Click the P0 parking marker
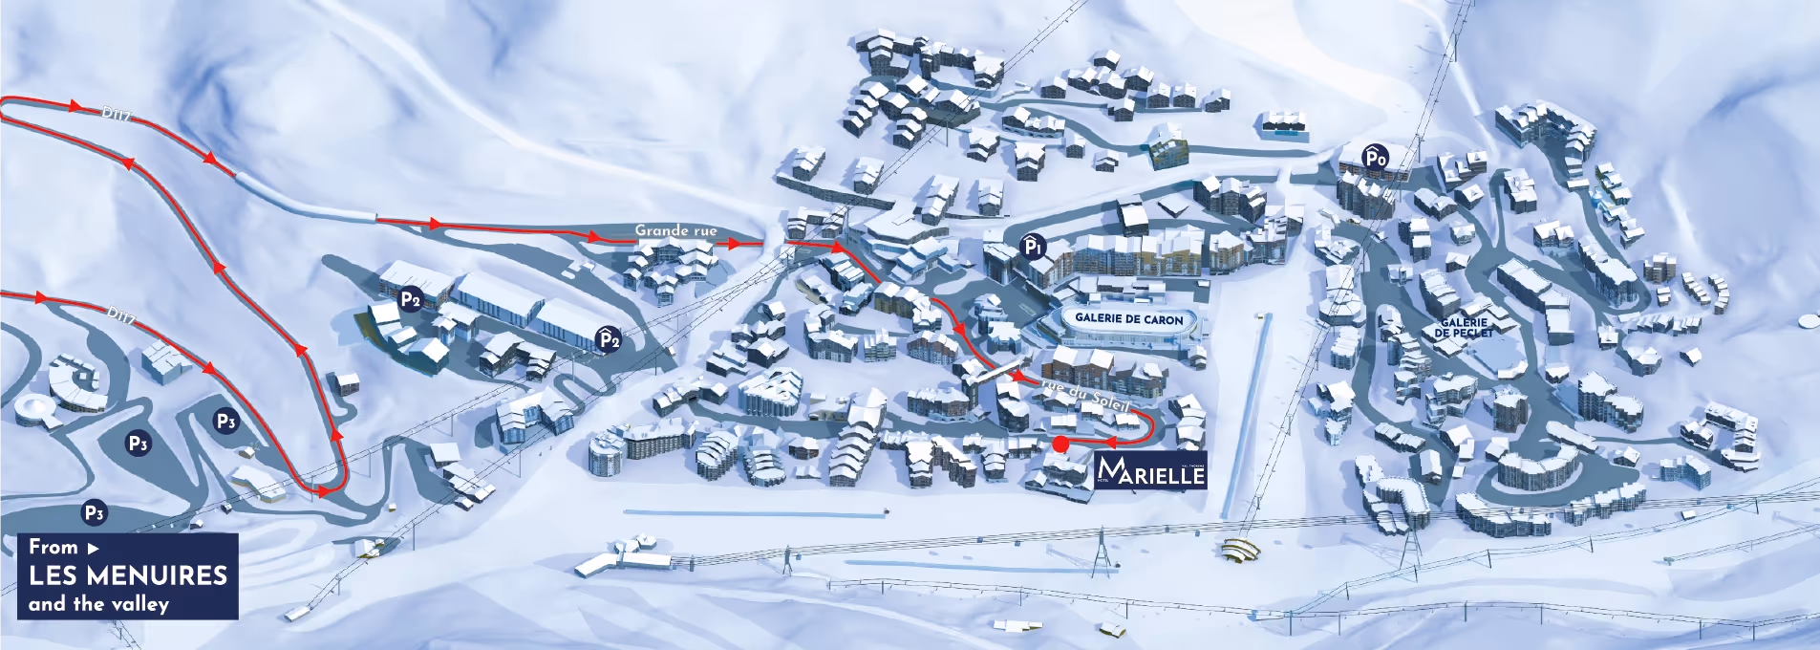coord(1375,158)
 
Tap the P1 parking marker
coord(1033,247)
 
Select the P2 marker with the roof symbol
coord(609,339)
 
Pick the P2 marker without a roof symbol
coord(411,299)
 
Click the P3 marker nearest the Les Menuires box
coord(94,512)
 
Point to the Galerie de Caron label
coord(1128,319)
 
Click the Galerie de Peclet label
coord(1463,328)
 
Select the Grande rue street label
coord(675,230)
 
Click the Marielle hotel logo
coord(1151,470)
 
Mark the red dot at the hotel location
coord(1060,444)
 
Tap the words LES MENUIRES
coord(128,575)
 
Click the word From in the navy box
coord(53,547)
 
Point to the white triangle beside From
coord(93,549)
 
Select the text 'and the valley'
coord(98,604)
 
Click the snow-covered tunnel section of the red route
coord(306,200)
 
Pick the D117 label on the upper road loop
coord(116,114)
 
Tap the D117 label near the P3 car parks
coord(121,314)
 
